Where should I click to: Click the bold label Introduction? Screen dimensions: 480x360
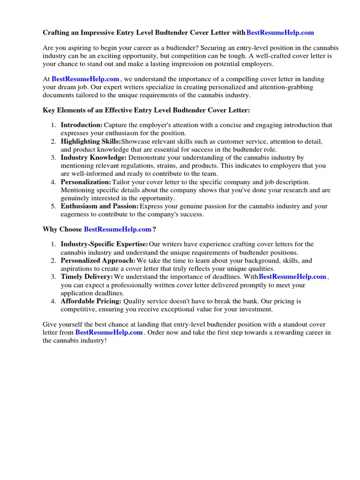[82, 125]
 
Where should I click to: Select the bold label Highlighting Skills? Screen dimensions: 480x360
[90, 142]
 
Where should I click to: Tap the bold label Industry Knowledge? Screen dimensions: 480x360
[93, 157]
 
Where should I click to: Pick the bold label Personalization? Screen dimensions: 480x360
[86, 182]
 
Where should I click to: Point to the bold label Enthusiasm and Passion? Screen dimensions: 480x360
[99, 206]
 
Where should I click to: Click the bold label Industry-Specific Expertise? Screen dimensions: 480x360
[104, 244]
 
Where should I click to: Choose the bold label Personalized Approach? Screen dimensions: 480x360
[98, 261]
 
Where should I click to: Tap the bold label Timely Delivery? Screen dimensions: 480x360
[87, 277]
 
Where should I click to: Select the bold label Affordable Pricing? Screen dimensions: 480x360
[91, 301]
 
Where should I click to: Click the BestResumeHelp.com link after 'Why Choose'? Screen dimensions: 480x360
[118, 229]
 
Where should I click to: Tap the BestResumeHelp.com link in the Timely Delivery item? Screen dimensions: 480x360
[292, 277]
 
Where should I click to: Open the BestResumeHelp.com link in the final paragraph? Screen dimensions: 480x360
[109, 332]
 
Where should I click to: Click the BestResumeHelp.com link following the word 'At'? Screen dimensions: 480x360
[85, 79]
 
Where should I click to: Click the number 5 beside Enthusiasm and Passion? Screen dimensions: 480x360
[54, 206]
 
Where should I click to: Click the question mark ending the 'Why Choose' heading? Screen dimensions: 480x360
[154, 229]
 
